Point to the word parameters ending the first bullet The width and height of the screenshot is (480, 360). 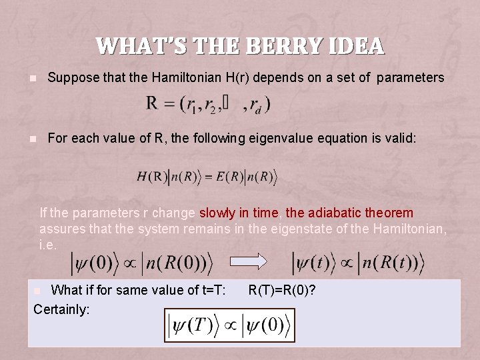pos(410,78)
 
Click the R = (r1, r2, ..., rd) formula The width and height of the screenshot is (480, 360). pos(208,104)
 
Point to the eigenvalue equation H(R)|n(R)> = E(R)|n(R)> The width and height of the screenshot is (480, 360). pos(207,177)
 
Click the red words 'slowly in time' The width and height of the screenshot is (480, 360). pos(239,213)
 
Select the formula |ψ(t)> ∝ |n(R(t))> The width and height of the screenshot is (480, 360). pos(357,262)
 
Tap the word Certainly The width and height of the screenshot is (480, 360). pos(61,309)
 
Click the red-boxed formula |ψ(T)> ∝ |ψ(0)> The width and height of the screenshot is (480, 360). pos(229,325)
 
